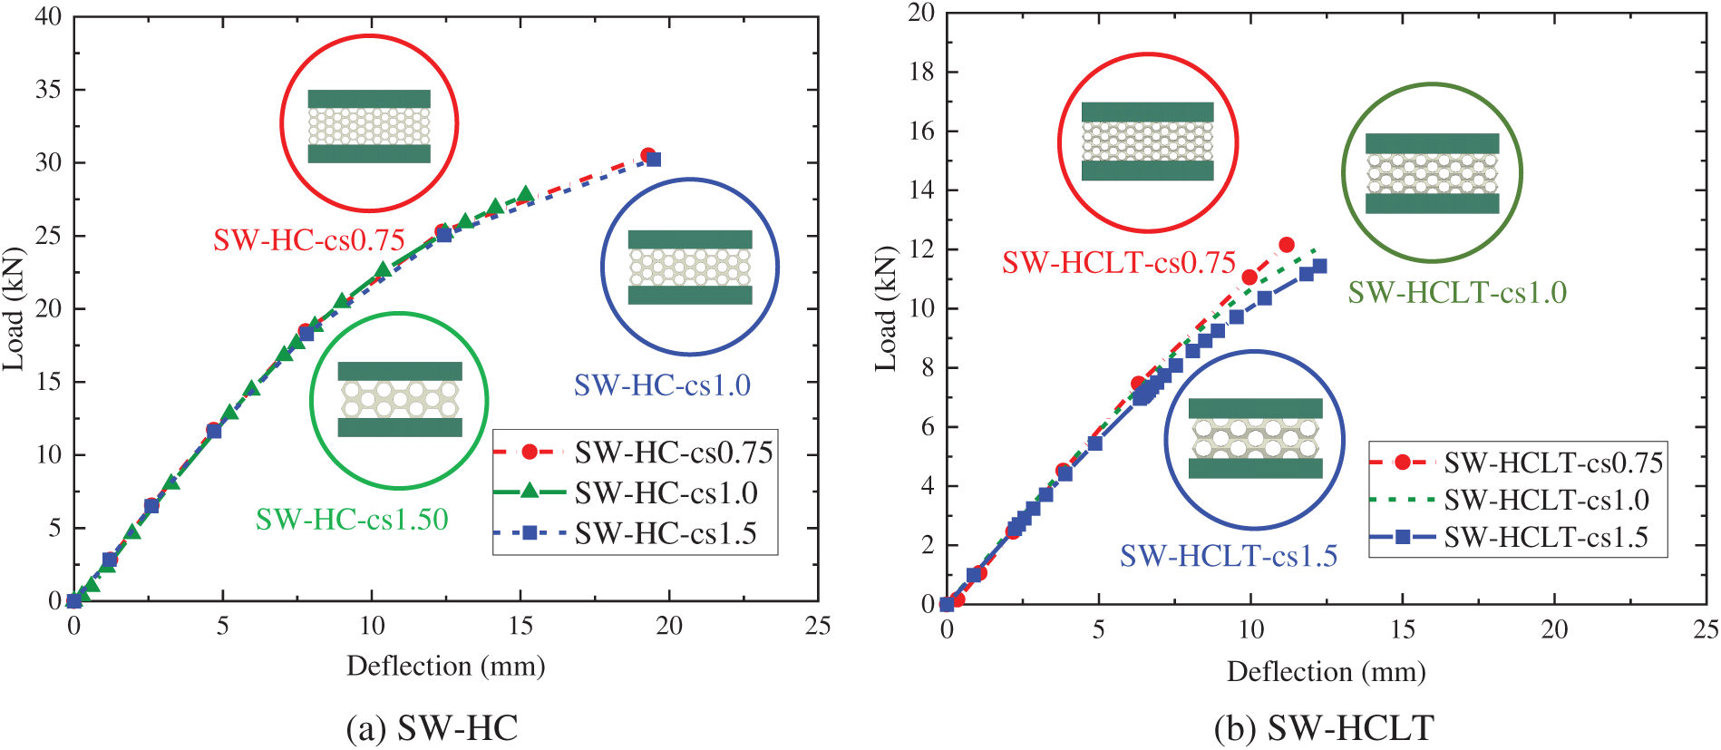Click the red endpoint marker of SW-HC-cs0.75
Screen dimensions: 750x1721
648,156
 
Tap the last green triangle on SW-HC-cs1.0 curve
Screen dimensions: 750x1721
525,195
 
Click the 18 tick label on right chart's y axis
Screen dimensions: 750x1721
921,72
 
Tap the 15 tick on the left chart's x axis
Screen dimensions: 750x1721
520,626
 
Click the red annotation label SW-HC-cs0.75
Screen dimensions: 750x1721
308,240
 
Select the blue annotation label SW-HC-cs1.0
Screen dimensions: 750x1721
662,385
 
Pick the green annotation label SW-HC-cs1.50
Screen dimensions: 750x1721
352,519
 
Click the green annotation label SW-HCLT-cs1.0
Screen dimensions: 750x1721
1457,293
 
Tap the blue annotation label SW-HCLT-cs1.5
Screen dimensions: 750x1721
1229,556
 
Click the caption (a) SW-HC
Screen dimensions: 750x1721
433,728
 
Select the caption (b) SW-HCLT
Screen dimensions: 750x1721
1324,728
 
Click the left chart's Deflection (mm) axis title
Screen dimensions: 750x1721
446,667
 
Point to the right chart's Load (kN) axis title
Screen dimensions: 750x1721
886,308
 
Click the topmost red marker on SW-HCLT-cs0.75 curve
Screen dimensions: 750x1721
1286,245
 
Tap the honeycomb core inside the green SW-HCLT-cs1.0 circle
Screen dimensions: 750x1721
1432,173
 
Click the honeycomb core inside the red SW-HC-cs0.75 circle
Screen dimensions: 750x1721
369,126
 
